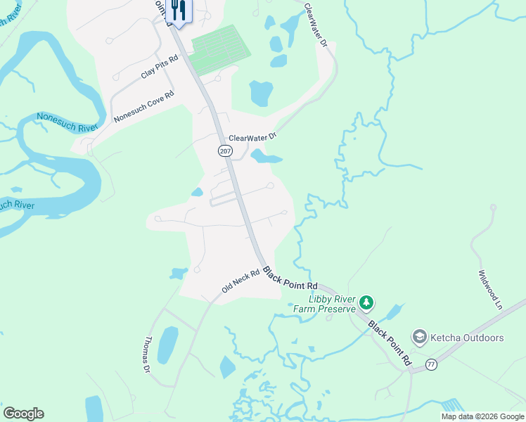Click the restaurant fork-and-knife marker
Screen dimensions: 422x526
coord(178,11)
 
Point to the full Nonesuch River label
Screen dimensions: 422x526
coord(68,122)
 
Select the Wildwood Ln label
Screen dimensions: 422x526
coord(489,290)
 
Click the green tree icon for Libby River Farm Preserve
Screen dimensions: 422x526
coord(366,303)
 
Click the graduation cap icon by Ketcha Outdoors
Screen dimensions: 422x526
coord(420,338)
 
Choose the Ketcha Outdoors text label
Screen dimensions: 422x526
coord(468,338)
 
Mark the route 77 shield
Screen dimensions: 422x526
coord(431,364)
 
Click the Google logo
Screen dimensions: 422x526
coord(23,414)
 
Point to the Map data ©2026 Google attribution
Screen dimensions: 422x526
coord(482,416)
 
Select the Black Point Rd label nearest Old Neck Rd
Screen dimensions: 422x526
coord(290,280)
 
